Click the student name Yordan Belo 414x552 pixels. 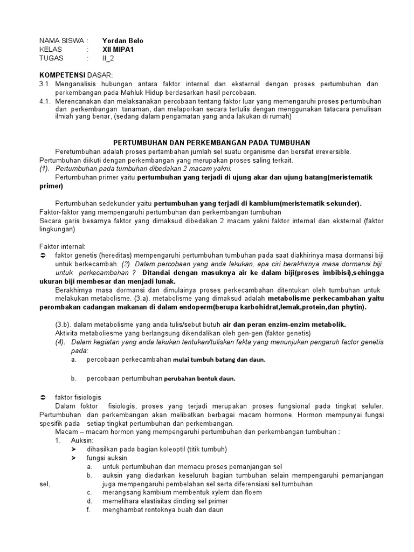point(123,40)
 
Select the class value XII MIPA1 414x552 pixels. point(118,49)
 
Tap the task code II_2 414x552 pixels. point(109,58)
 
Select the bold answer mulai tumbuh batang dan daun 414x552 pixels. point(219,360)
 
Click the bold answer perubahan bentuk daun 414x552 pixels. point(200,378)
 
